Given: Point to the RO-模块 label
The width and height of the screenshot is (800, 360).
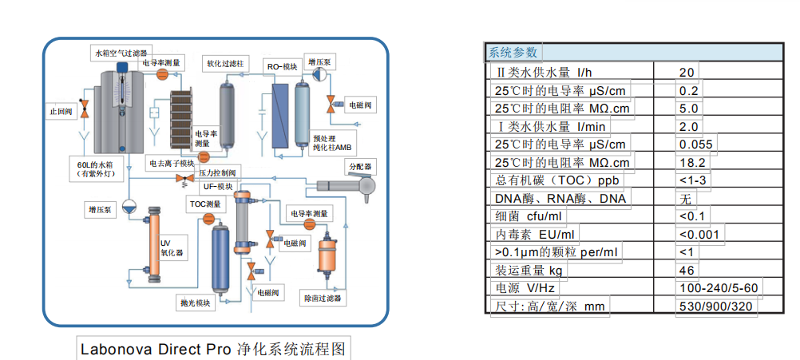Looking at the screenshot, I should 282,67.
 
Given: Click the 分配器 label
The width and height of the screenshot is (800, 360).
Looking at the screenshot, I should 359,166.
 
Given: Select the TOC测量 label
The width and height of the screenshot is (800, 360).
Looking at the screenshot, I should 205,204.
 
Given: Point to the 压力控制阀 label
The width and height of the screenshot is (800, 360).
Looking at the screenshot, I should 216,172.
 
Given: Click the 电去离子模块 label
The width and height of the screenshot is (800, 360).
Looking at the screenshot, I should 172,162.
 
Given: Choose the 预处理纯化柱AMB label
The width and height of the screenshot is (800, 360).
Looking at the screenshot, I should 331,143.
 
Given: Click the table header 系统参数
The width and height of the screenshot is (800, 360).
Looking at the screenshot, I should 514,53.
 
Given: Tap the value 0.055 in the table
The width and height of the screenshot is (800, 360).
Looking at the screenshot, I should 695,144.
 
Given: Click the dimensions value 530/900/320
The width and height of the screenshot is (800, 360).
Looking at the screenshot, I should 716,306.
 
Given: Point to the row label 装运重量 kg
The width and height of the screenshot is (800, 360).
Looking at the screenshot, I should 528,270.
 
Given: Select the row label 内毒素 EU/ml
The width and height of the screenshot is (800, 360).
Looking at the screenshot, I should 534,234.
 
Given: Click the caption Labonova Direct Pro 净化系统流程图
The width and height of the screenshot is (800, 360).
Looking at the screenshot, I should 213,349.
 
